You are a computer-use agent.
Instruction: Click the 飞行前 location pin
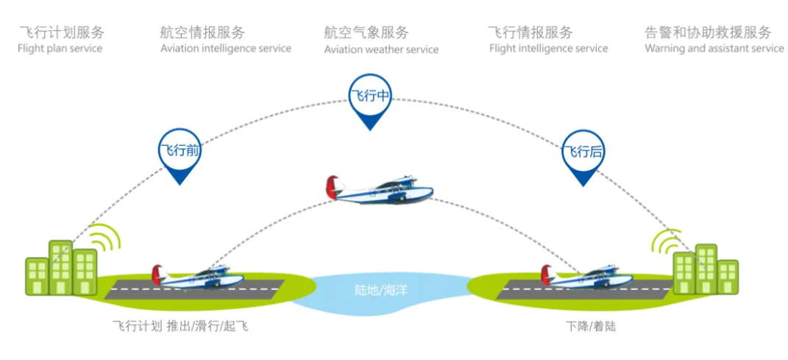[180, 152]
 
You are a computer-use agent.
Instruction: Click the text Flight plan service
[60, 49]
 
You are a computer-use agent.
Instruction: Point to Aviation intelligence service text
[226, 49]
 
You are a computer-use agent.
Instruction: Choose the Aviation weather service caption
[381, 49]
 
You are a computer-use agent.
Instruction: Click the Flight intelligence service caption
[548, 49]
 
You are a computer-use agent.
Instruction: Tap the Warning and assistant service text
[714, 49]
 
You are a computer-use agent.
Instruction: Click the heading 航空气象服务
[366, 32]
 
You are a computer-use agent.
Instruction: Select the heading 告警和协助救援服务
[708, 32]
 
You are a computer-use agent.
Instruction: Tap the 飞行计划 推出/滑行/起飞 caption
[180, 325]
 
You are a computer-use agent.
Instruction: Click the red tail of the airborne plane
[333, 186]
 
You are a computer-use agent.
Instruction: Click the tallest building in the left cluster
[60, 267]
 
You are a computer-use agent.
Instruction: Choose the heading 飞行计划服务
[62, 32]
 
